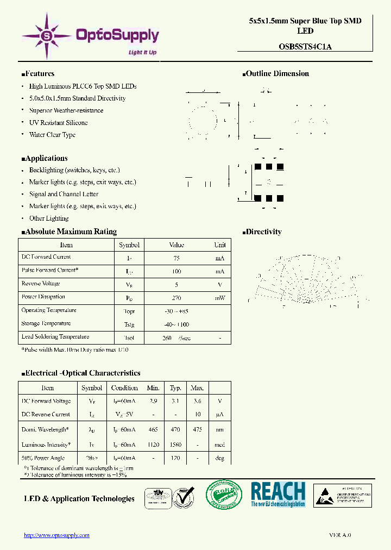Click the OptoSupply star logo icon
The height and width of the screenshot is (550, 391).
(47, 36)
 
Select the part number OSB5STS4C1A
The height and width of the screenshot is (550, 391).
(305, 47)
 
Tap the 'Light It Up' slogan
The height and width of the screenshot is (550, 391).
(142, 52)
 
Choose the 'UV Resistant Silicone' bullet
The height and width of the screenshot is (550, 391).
(58, 123)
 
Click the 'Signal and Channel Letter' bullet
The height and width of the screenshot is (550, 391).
(64, 194)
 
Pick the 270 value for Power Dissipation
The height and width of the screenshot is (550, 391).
(176, 298)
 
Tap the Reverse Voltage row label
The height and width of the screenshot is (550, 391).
(41, 284)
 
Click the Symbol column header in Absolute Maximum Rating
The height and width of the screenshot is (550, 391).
(129, 245)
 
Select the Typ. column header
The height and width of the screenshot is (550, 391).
(175, 388)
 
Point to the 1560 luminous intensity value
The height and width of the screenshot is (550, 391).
(175, 444)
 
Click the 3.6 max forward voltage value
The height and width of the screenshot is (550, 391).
(198, 401)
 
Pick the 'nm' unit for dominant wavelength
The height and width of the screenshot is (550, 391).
(220, 429)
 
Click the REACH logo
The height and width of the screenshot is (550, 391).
(278, 495)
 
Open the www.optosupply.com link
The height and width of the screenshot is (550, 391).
(56, 535)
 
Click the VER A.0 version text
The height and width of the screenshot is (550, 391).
(340, 535)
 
